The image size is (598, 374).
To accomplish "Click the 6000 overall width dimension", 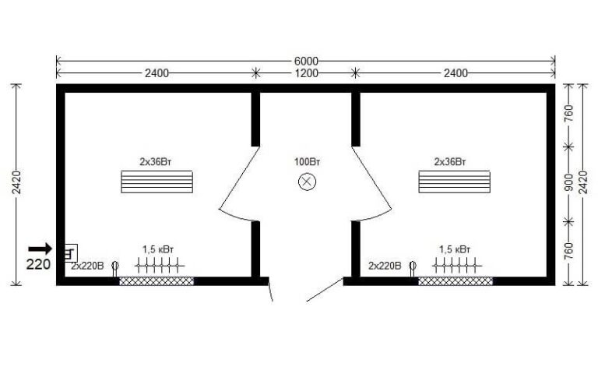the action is coord(306,61).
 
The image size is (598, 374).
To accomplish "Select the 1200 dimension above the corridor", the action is coord(306,73).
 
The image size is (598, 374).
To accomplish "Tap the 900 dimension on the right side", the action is coord(568,183).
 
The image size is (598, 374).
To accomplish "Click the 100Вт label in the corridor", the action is coord(307,162).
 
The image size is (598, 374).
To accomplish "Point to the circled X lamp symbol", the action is coord(307,182).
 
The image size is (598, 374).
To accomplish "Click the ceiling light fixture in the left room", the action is coord(157,182).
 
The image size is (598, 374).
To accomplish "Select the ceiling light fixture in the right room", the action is coord(454,182).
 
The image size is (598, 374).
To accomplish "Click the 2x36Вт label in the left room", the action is coord(156,162).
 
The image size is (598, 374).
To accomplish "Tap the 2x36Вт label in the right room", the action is coord(450,162).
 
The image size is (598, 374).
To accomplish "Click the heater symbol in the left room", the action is coord(160,265).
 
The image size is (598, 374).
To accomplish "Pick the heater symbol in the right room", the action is coord(457,265).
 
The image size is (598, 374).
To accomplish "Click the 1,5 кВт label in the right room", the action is coord(455,249).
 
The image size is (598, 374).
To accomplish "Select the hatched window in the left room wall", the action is coord(157,281).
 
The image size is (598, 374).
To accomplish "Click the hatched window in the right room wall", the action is coord(456,281).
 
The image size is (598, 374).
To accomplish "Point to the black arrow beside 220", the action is coord(40,249).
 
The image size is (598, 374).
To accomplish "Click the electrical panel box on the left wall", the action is coord(71,252).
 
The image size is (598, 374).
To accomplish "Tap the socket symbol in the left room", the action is coord(114,268).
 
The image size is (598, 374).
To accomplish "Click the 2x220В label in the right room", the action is coord(385,266).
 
